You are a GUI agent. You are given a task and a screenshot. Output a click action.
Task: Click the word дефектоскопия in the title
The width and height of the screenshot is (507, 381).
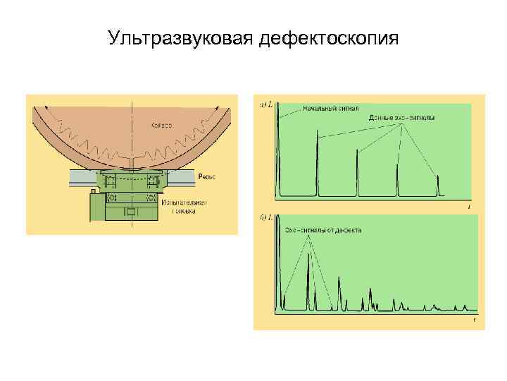click(329, 37)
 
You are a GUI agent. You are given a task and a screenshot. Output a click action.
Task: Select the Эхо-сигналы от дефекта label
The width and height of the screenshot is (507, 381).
click(323, 231)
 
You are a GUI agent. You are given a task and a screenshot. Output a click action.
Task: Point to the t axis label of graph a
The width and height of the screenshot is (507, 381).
click(469, 207)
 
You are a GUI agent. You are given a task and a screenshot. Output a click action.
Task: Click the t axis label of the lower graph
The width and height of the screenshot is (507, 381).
click(475, 320)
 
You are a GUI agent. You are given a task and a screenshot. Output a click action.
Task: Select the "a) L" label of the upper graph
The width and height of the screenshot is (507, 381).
click(267, 106)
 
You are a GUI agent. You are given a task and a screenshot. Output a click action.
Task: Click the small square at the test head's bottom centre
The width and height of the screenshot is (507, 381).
click(131, 212)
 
